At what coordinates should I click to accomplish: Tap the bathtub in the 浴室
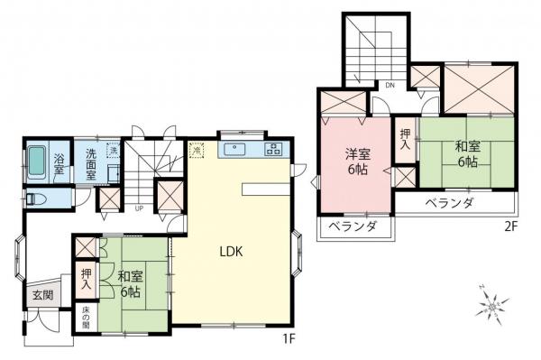(37, 163)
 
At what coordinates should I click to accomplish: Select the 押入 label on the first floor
(86, 279)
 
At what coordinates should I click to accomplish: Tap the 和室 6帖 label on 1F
(128, 284)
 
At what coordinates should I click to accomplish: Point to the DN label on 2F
(390, 85)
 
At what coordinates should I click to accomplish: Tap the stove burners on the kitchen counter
(272, 150)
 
